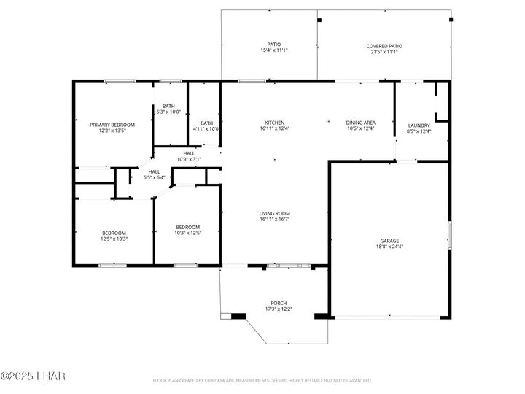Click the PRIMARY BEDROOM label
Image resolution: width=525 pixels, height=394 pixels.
pyautogui.click(x=112, y=125)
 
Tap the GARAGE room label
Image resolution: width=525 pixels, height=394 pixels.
pyautogui.click(x=389, y=240)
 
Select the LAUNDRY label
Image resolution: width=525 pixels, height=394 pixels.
pyautogui.click(x=419, y=125)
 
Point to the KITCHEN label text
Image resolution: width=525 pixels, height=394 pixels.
pyautogui.click(x=274, y=122)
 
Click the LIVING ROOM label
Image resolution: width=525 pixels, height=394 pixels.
pyautogui.click(x=274, y=213)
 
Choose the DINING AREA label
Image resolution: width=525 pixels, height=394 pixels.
pyautogui.click(x=360, y=122)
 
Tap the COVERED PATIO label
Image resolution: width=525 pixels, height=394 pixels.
pyautogui.click(x=384, y=46)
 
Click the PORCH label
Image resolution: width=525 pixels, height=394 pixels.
pyautogui.click(x=279, y=303)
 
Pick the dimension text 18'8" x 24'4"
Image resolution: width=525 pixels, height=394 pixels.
pyautogui.click(x=389, y=247)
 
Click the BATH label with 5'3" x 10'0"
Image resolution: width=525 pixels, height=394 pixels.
pyautogui.click(x=168, y=106)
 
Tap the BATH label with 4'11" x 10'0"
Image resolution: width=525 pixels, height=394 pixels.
pyautogui.click(x=207, y=123)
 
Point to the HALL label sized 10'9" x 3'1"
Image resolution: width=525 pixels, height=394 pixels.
pyautogui.click(x=189, y=153)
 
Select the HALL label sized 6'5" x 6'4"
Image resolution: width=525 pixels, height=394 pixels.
pyautogui.click(x=155, y=171)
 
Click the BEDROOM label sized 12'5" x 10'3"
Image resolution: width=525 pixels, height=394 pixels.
pyautogui.click(x=114, y=233)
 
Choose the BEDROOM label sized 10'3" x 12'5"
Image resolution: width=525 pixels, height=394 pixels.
pyautogui.click(x=187, y=227)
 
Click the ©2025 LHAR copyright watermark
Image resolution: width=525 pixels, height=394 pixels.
pyautogui.click(x=33, y=376)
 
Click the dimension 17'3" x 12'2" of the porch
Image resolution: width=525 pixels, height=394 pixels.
pyautogui.click(x=279, y=309)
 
